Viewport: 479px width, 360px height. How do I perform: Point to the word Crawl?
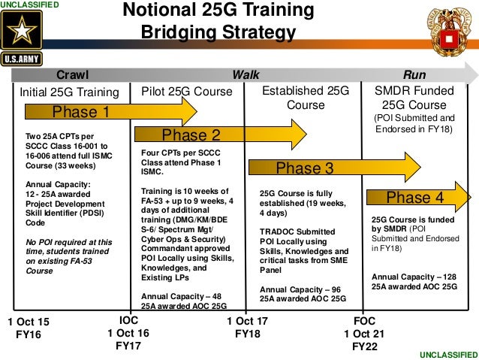tap(73, 75)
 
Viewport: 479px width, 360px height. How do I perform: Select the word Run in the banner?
tap(414, 75)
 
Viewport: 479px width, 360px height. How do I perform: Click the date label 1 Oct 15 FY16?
tap(29, 328)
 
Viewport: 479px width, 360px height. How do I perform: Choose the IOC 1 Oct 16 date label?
tap(128, 334)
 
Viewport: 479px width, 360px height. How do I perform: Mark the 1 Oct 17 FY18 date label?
tap(247, 328)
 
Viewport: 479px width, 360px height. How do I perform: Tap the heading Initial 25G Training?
tap(69, 92)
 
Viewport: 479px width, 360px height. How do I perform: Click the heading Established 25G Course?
tap(305, 98)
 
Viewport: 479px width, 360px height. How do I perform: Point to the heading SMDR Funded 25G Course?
tap(414, 98)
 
